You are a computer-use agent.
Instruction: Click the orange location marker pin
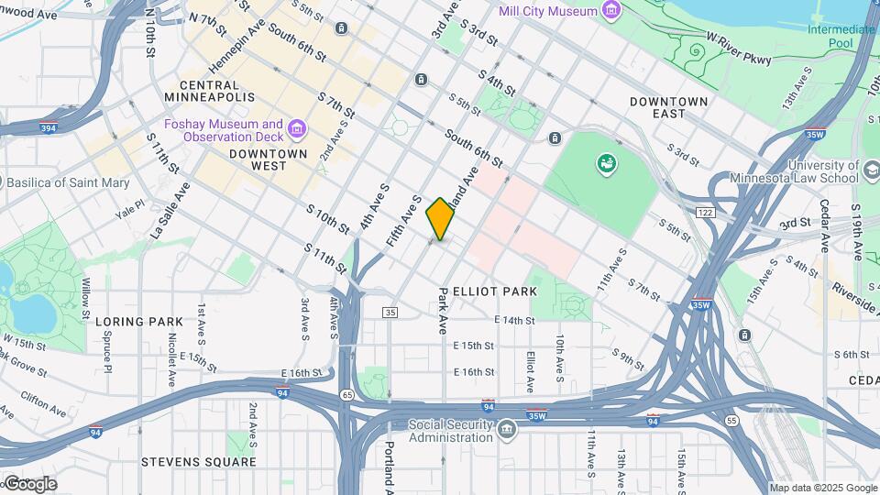tap(440, 218)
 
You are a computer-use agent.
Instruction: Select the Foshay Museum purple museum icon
tap(296, 129)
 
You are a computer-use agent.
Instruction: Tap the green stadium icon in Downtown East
tap(605, 164)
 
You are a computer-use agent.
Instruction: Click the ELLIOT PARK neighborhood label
tap(494, 291)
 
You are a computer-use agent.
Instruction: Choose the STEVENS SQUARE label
tap(199, 462)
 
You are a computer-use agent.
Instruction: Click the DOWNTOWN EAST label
tap(669, 106)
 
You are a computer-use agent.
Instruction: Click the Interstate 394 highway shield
tap(47, 129)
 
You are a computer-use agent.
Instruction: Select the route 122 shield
tap(704, 212)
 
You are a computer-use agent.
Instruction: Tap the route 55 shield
tap(731, 420)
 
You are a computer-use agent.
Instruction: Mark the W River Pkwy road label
tap(739, 48)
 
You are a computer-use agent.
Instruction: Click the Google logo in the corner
tap(29, 484)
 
